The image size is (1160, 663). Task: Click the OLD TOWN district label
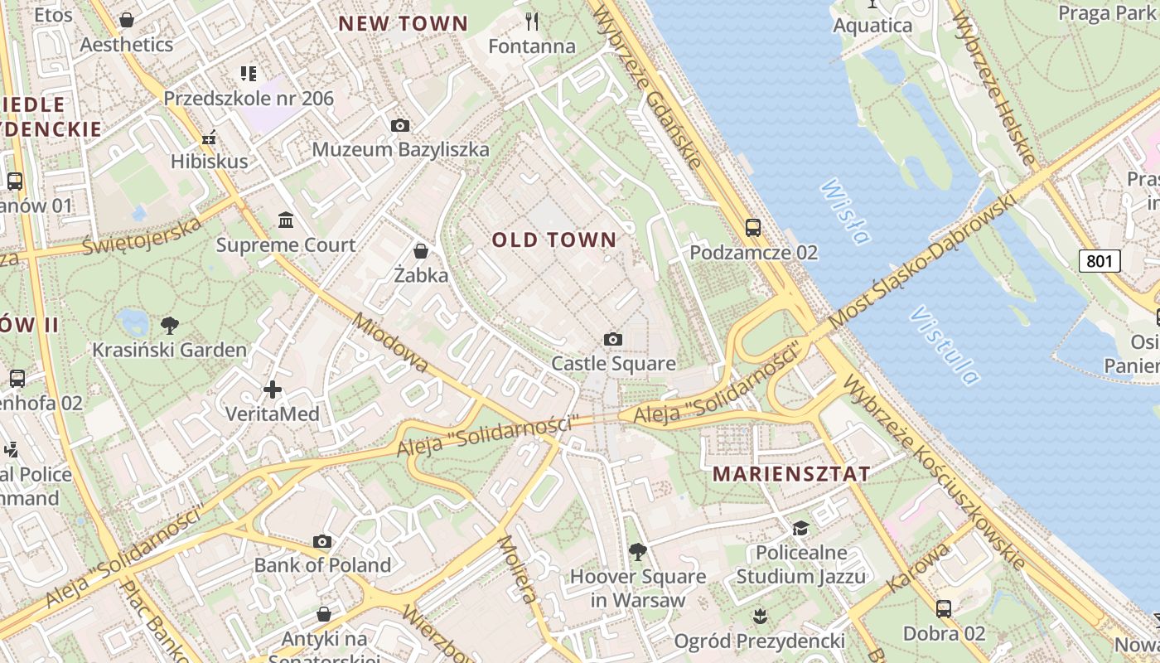point(554,240)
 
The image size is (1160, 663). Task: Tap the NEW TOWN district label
point(404,24)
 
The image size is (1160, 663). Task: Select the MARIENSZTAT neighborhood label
point(791,474)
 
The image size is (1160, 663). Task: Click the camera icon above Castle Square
point(613,339)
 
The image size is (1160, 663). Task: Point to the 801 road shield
point(1100,261)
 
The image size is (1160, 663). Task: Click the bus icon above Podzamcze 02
point(753,228)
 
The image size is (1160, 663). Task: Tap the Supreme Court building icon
point(286,220)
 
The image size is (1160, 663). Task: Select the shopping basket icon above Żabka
point(421,251)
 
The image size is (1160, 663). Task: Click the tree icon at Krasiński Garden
point(170,325)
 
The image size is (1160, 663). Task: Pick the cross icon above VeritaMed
point(273,389)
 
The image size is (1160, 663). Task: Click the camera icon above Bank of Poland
point(322,542)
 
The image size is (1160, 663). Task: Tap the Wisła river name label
point(845,212)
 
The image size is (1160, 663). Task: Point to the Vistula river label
point(944,346)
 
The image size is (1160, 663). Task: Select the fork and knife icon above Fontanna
point(532,21)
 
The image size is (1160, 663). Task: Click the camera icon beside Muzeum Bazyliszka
point(400,126)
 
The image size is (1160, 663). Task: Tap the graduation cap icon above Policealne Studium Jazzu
point(800,529)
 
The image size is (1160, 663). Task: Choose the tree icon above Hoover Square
point(637,551)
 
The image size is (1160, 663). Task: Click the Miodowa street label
point(391,343)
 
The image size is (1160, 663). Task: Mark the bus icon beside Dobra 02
point(944,609)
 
